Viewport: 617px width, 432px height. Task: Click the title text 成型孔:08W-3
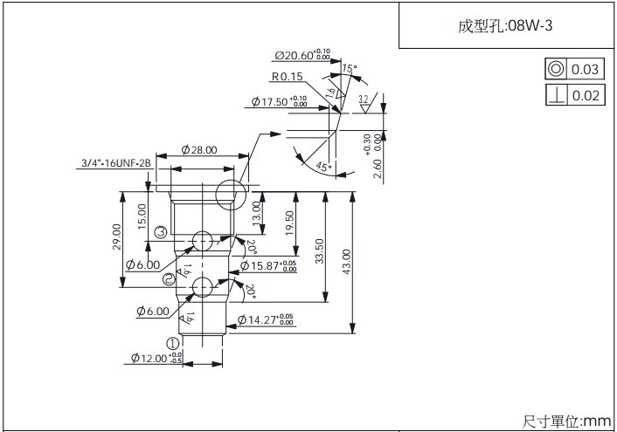[505, 25]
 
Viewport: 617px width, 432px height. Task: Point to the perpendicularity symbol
[555, 94]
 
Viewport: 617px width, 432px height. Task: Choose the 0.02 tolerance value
[586, 94]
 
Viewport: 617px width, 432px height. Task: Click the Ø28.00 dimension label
[199, 150]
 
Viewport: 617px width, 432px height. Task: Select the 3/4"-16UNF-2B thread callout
[116, 163]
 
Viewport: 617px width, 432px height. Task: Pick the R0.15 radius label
[288, 77]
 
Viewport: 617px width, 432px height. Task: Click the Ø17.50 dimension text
[280, 102]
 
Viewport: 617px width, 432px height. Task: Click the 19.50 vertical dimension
[289, 223]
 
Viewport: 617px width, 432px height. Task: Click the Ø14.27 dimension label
[267, 321]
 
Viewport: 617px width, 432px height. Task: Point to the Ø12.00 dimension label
[156, 358]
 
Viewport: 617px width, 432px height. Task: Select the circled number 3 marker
[161, 231]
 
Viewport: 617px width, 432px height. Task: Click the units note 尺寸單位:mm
[566, 422]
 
